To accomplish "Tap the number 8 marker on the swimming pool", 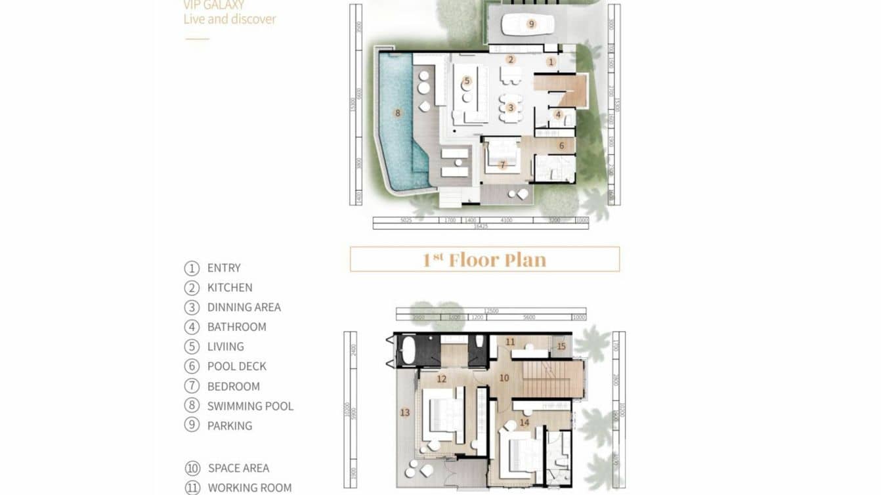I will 397,113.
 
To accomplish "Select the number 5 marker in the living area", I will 467,81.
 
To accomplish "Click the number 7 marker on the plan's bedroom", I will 502,165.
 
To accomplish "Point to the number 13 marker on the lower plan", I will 405,412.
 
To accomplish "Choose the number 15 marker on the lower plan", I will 561,346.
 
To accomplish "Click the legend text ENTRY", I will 224,268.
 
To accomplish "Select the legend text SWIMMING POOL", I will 250,406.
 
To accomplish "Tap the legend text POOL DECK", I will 236,366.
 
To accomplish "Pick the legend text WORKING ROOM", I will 249,488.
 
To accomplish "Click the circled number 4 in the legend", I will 192,327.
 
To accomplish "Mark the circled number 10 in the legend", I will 192,468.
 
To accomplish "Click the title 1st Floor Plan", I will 484,259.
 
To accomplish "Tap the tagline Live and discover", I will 230,19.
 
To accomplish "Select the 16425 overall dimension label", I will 481,226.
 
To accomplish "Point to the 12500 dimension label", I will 490,311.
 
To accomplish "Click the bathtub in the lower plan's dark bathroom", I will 407,351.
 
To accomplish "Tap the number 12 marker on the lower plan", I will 441,379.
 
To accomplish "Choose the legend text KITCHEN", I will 230,288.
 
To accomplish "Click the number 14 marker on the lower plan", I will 524,422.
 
